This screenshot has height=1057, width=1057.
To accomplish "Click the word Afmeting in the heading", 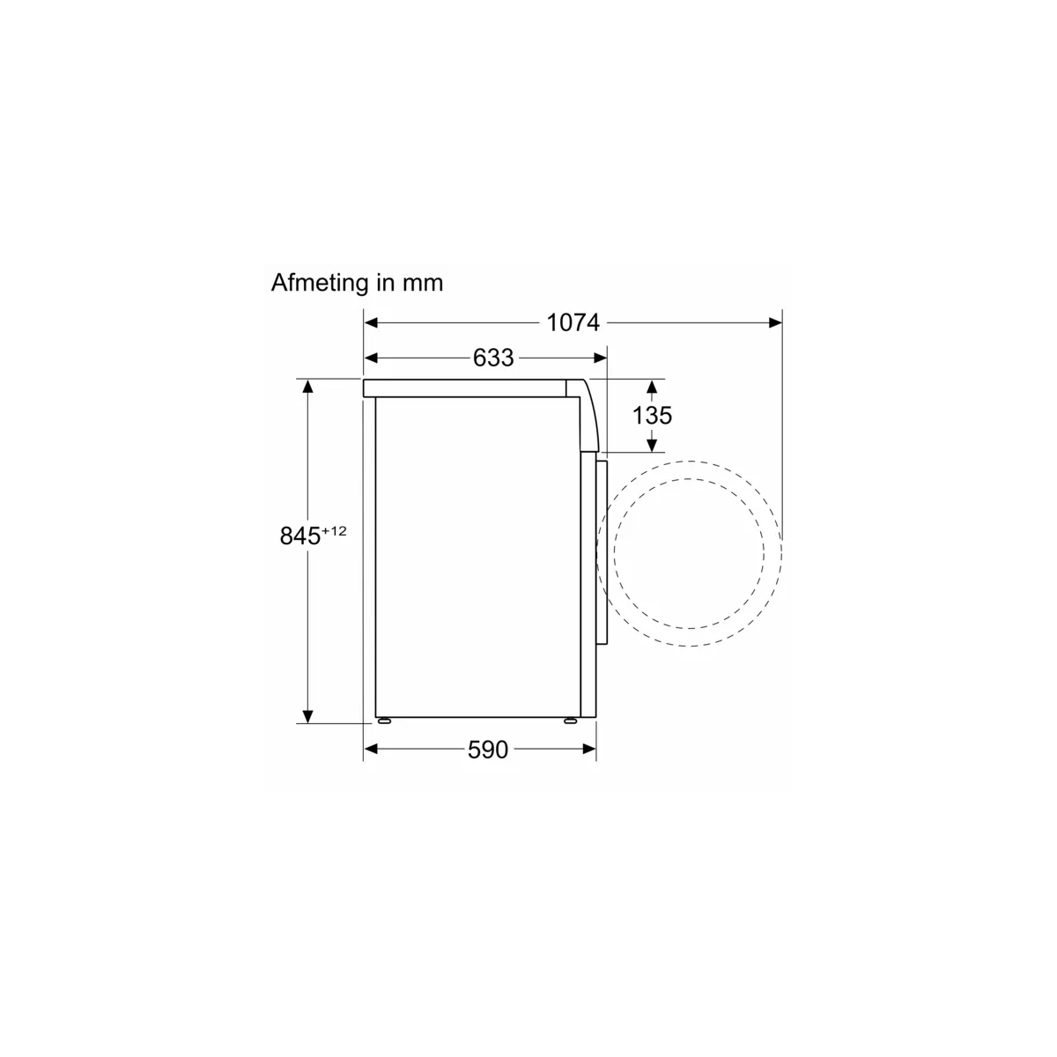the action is coord(320,284).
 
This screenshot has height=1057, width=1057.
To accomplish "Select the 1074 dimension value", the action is coord(573,322).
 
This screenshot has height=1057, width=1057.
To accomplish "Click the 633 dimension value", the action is coord(493,358).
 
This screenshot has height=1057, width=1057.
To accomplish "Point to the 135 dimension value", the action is coord(652,415).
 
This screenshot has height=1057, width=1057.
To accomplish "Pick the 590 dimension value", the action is coord(488,750).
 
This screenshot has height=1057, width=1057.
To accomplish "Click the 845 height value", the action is coord(300,536).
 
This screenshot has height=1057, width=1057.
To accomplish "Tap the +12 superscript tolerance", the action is coord(334,531).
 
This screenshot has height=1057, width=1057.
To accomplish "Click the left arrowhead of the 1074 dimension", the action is coord(371,322).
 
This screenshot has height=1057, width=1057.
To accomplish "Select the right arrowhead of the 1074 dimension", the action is coord(775,322).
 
